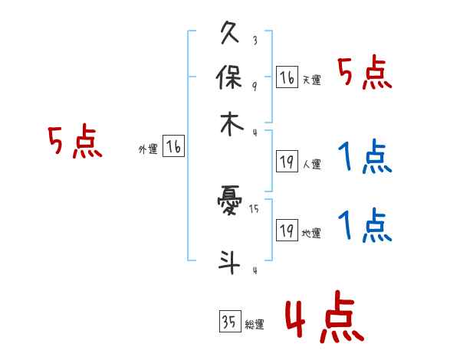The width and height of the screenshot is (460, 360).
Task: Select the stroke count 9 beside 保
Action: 255,85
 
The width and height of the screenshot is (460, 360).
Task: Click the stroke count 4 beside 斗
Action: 255,270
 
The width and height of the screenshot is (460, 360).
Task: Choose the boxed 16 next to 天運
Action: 287,77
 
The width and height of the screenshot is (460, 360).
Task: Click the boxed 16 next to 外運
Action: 173,147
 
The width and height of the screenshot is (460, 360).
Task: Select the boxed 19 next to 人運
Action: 287,161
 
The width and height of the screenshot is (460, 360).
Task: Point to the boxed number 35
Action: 228,322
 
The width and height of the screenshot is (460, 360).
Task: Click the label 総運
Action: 255,325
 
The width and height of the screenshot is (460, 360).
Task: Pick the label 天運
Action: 311,80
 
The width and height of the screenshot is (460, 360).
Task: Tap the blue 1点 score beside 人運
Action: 365,157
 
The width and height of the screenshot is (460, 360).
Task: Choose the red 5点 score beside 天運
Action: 365,74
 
